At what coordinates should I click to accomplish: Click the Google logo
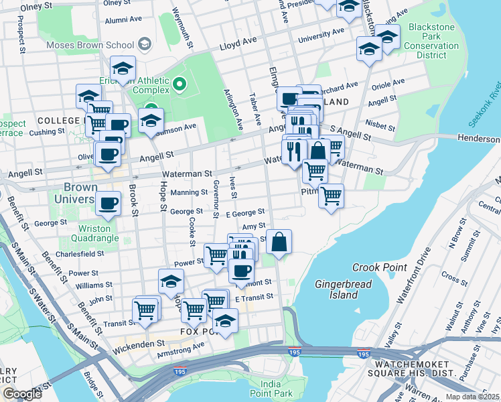(21, 393)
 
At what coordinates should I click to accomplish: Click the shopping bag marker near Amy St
(279, 241)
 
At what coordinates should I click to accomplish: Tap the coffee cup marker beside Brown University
(107, 202)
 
